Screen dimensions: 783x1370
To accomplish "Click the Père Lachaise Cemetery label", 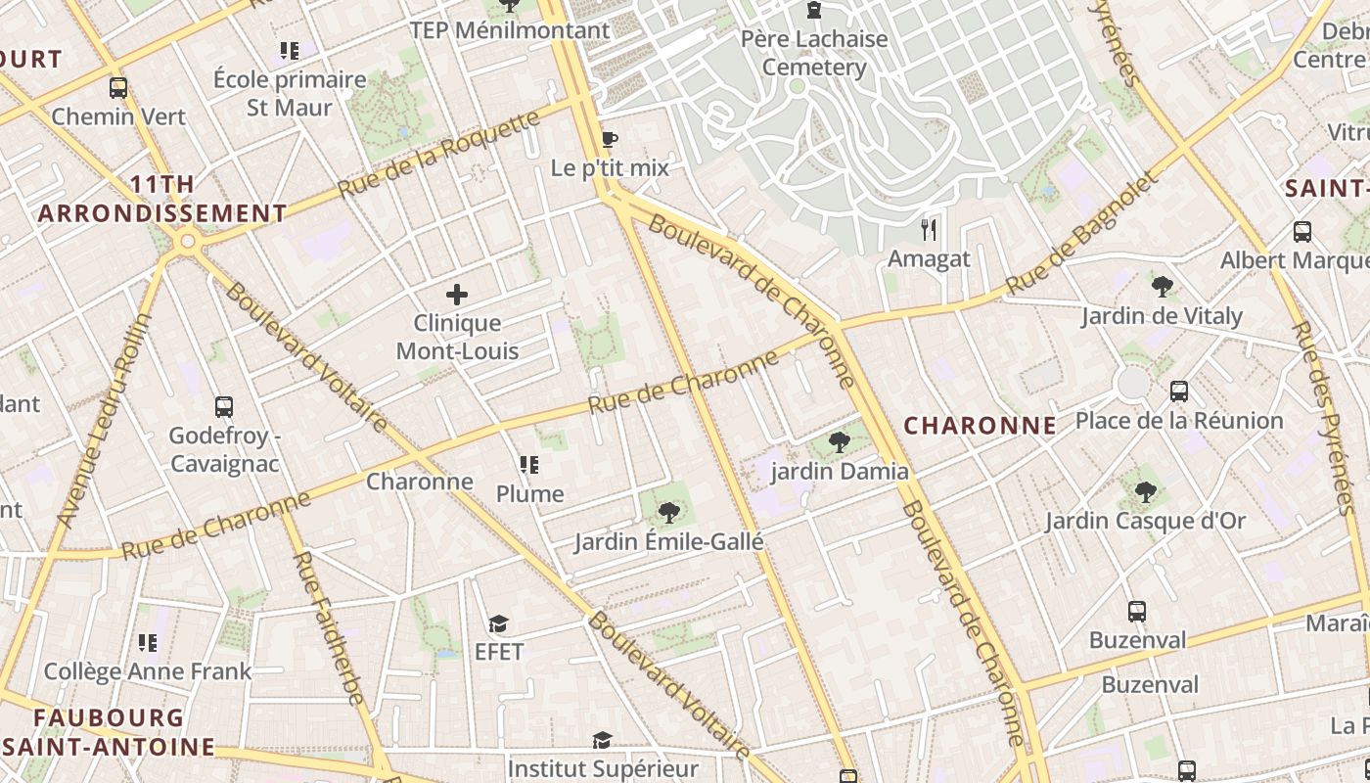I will pos(814,54).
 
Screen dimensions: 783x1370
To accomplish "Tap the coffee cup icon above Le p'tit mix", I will pos(610,140).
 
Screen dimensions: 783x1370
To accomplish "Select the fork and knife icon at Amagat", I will pos(929,230).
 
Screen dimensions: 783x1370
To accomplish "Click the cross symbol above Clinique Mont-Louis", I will pos(457,294).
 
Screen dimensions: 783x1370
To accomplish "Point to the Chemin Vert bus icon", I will pos(118,88).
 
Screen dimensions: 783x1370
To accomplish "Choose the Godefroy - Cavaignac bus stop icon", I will pos(224,406).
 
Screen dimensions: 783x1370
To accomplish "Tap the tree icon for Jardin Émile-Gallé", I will pos(669,512).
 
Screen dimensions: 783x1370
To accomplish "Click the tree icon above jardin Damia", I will pos(840,442).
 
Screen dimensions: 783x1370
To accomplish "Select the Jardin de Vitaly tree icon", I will pos(1163,287).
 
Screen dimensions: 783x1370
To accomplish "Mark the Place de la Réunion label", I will pos(1178,421).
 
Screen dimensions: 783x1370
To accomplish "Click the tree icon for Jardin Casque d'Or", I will pos(1146,491).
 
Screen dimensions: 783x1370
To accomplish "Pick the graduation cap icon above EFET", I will pos(499,623).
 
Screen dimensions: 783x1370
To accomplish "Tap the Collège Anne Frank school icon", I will pos(148,643).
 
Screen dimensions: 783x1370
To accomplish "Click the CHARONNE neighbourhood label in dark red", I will pos(980,426).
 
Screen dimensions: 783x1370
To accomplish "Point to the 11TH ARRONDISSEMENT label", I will pos(162,199).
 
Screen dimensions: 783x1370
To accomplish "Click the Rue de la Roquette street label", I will pos(439,154).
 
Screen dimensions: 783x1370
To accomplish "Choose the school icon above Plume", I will pos(529,465).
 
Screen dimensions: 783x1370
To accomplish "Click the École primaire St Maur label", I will pos(290,93).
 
